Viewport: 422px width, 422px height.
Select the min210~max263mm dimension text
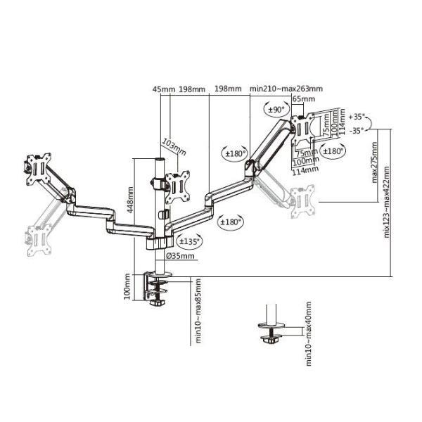tap(286, 89)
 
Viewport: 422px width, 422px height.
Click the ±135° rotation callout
tap(189, 241)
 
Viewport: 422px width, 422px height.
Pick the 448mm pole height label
tap(130, 200)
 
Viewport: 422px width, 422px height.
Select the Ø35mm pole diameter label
tap(180, 256)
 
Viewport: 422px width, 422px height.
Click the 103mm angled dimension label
tap(174, 147)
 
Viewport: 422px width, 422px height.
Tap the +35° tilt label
tap(357, 117)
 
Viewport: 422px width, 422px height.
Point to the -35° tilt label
tap(357, 131)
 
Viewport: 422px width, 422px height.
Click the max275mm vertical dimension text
tap(374, 162)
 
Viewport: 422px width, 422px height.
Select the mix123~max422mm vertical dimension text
tap(386, 202)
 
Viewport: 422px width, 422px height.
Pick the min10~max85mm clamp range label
tap(198, 311)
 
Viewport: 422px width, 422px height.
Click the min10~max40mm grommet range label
tap(309, 333)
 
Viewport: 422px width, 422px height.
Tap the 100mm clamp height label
tap(127, 286)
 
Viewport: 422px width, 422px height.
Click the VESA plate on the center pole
tap(177, 186)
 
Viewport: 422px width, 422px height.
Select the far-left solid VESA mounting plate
tap(39, 170)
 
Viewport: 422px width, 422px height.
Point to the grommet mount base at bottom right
tap(271, 333)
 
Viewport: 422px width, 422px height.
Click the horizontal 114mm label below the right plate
tap(305, 170)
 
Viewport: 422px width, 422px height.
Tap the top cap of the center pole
tap(160, 160)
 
